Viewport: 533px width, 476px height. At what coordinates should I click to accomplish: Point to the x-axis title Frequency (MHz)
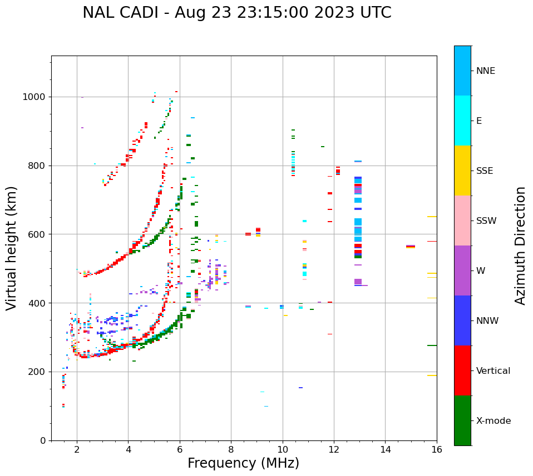point(243,463)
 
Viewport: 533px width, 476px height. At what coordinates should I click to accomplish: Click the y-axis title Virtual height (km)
point(12,248)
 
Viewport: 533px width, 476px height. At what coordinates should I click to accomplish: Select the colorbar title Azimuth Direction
point(520,245)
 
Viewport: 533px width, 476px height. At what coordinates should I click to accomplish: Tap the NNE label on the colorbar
point(485,71)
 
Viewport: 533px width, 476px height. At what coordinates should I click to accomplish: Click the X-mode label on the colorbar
point(493,421)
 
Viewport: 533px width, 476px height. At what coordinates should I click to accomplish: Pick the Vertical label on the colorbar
point(493,371)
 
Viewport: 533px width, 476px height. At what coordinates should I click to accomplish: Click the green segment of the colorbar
point(462,420)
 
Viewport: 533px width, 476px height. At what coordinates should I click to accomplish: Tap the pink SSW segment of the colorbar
point(462,221)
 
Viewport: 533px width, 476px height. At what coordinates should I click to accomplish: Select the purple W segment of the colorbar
point(462,270)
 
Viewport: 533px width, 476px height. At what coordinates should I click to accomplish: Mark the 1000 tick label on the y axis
point(34,97)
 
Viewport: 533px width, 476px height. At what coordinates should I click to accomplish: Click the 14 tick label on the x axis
point(385,449)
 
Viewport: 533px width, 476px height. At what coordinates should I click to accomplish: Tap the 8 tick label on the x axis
point(231,449)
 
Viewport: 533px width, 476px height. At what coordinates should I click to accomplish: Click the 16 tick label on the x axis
point(436,449)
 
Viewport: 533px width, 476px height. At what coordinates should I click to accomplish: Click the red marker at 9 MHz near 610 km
point(258,229)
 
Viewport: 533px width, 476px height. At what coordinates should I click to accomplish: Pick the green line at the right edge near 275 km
point(432,345)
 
